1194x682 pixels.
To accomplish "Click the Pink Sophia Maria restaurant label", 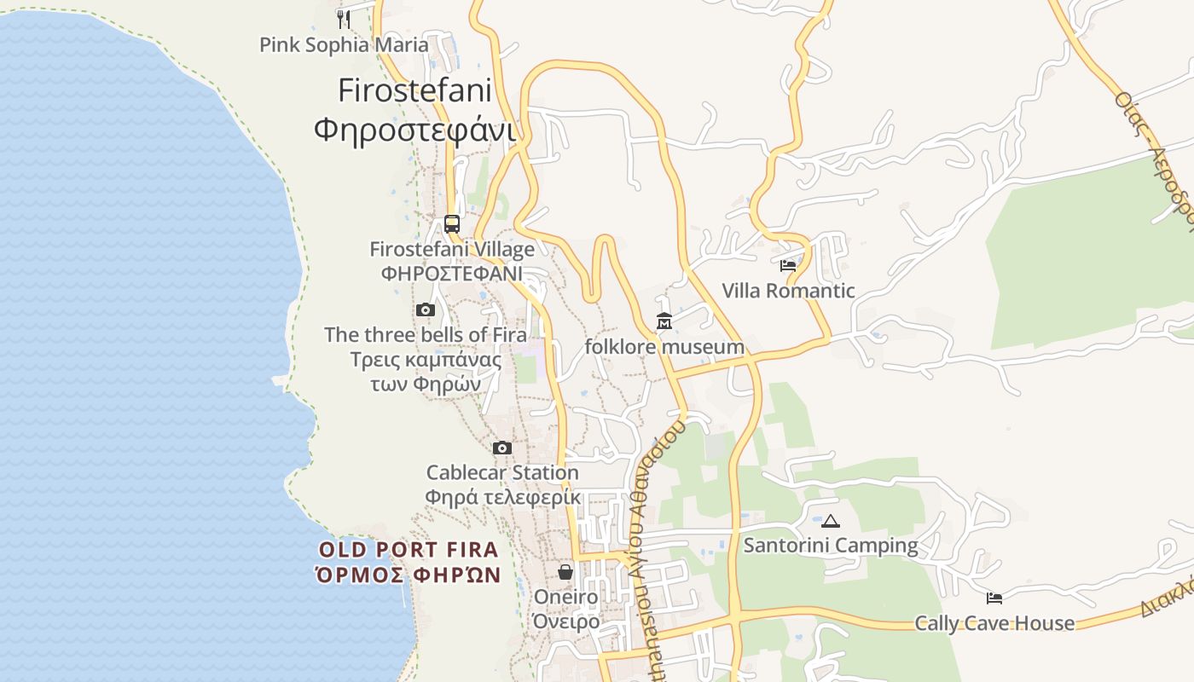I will point(344,44).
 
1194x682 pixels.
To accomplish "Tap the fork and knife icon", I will point(344,18).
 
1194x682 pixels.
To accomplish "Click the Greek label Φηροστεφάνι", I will point(415,130).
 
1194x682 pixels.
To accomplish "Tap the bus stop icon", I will point(452,224).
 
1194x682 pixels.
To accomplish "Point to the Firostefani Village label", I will point(452,249).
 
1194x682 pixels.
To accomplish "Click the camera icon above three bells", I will point(426,309).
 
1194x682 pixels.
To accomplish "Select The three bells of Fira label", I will point(426,335).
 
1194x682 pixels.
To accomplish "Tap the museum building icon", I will point(664,321).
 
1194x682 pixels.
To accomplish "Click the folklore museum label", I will point(664,347).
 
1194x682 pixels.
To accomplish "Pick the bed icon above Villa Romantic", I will point(788,265).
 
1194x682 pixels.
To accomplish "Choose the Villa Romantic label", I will point(788,291).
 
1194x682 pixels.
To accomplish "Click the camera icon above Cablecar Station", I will point(502,448).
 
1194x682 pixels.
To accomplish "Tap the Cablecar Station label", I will point(502,472).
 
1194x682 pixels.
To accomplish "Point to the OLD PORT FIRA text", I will point(409,550).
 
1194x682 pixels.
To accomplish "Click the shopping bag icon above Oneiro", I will point(565,571).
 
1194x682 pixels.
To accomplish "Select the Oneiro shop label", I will point(566,597).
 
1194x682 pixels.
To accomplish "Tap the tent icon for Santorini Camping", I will point(831,520).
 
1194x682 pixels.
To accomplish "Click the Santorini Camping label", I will point(831,546).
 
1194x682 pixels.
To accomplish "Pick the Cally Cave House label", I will point(994,623).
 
